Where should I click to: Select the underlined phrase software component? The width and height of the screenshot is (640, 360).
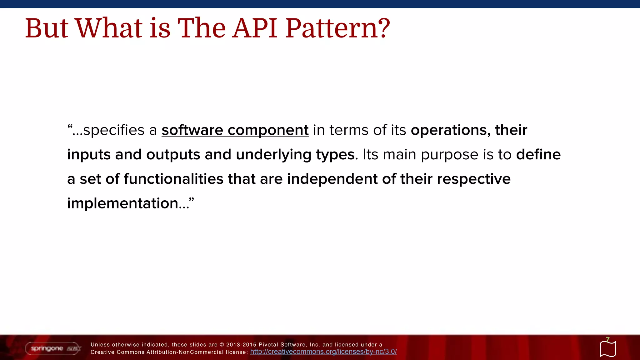[235, 130]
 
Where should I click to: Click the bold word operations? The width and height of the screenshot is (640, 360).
[451, 130]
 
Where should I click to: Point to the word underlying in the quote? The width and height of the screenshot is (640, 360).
[273, 155]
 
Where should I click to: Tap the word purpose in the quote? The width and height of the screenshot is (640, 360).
[449, 155]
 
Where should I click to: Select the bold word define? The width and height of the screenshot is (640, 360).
[538, 155]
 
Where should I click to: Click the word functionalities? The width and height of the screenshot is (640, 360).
[173, 179]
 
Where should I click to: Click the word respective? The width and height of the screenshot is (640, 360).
[473, 179]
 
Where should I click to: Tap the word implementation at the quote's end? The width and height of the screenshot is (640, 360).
[122, 203]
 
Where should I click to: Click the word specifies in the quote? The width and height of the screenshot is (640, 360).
[113, 130]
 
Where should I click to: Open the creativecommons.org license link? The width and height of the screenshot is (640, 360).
[323, 352]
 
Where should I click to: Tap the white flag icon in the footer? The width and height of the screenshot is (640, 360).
[608, 349]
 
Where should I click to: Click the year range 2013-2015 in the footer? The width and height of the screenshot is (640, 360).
[241, 345]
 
